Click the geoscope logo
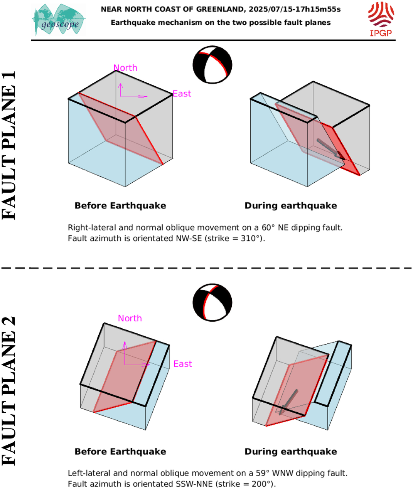59,20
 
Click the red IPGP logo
381,19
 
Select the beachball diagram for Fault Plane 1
212,65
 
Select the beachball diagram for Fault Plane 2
212,302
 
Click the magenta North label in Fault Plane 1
125,68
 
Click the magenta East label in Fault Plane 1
182,94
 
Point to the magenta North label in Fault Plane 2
130,318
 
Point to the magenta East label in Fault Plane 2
183,364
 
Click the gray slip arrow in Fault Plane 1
330,149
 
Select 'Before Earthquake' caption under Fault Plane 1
120,206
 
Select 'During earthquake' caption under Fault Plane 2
291,451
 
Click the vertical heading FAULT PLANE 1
9,145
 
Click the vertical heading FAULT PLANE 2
9,391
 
